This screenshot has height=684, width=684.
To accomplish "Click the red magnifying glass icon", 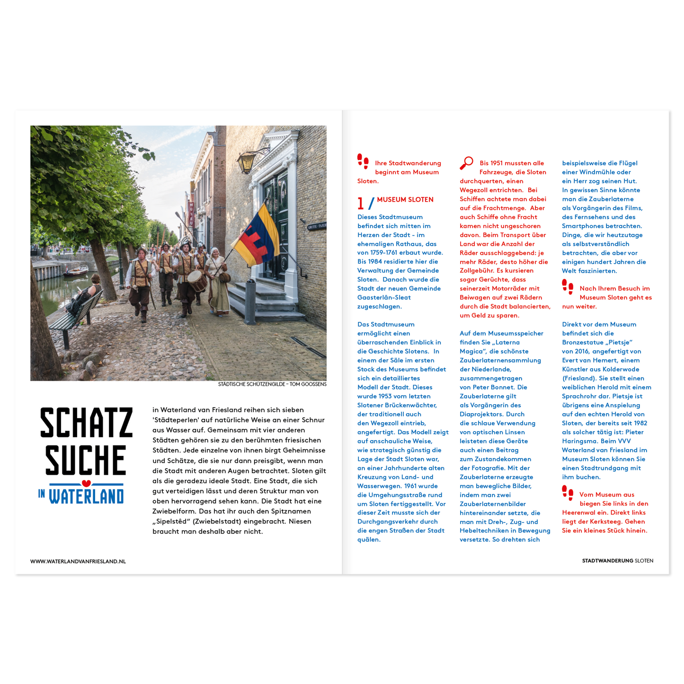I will tap(466, 163).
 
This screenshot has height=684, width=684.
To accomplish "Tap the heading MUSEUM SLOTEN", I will tap(405, 200).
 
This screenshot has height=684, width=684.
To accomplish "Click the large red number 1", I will tap(361, 204).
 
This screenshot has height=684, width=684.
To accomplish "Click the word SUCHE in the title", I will tap(86, 460).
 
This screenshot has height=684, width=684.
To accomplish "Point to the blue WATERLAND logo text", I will tap(86, 497).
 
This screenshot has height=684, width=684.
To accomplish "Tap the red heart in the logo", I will tap(86, 483).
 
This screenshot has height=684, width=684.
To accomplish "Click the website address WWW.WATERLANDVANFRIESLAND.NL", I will tap(78, 561).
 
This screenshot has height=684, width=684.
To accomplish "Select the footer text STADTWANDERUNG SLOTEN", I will tap(617, 561).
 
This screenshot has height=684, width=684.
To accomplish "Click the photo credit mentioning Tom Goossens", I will tap(272, 384).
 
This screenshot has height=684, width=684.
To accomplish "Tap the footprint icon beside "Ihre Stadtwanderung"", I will tap(363, 161).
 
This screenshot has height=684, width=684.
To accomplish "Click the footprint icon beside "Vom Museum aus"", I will tap(568, 493).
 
